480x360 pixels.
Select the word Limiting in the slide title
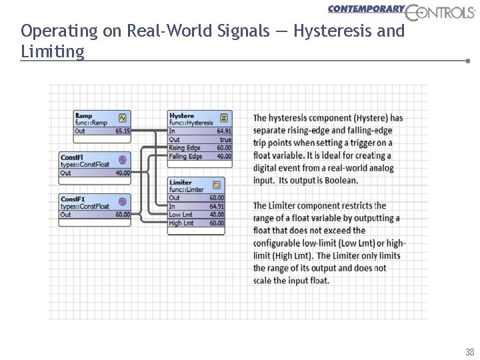coord(53,51)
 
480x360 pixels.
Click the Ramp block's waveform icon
coord(122,117)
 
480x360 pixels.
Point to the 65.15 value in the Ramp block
coord(122,131)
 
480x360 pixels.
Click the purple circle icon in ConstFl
coord(122,159)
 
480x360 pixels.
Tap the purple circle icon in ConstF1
coord(122,201)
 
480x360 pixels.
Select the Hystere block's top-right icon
coord(224,117)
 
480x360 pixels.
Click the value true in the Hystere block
coord(225,139)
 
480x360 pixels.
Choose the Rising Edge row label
coord(185,147)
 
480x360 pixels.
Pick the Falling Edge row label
coord(186,156)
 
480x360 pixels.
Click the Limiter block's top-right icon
coord(217,184)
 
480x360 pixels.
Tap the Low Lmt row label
coord(180,215)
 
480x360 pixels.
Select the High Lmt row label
coord(181,223)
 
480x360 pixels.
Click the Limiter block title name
coord(180,182)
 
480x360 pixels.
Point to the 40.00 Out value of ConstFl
coord(123,173)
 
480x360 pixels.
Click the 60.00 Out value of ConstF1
coord(123,215)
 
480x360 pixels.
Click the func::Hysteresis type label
coord(191,123)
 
